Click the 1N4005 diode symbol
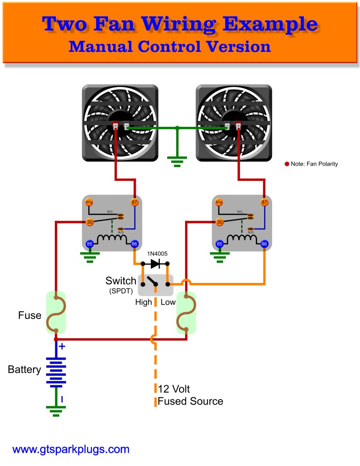point(155,264)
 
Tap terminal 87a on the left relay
point(89,202)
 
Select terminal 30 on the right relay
point(219,222)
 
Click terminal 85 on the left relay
point(90,244)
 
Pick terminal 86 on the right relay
point(264,244)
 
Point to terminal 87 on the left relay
point(134,202)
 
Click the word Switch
point(121,281)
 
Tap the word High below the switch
point(144,302)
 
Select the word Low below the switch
point(168,302)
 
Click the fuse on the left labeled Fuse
point(56,313)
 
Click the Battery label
point(24,370)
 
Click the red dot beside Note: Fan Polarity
point(287,164)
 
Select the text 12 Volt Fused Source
point(190,395)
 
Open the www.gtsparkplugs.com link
point(71,450)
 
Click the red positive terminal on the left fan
point(115,126)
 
